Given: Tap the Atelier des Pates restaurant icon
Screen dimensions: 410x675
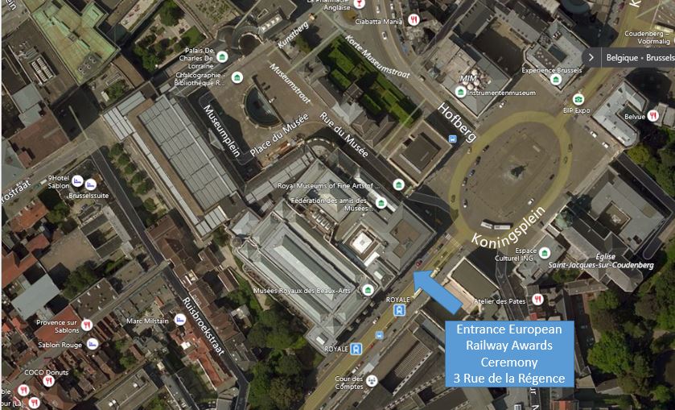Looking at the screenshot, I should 538,300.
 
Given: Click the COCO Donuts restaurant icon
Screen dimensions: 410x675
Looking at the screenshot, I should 48,381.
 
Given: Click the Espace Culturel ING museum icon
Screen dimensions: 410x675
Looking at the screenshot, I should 545,252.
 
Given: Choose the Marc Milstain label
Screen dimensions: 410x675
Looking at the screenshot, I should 147,321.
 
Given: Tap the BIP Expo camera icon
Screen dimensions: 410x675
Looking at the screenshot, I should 578,99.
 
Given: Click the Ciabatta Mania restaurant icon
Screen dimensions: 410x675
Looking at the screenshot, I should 413,20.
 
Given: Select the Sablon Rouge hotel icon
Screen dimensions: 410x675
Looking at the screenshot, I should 93,344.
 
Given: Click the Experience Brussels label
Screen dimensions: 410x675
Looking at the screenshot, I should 551,70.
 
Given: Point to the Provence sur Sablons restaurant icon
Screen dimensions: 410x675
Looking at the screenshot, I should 87,325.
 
